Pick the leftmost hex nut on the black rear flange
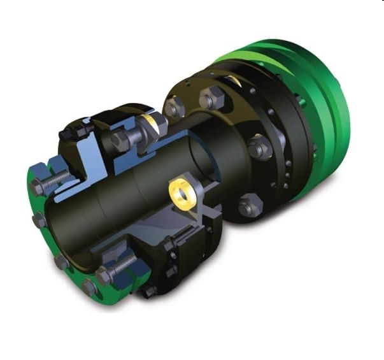[173, 105]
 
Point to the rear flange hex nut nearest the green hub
[259, 148]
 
